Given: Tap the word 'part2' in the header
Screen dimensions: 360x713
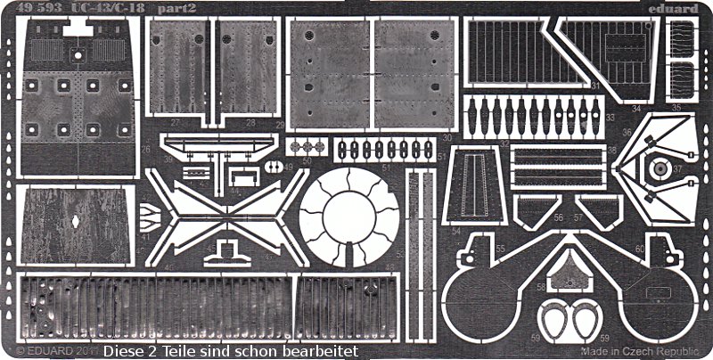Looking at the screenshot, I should point(155,8).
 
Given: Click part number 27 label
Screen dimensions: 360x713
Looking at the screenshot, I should point(203,124).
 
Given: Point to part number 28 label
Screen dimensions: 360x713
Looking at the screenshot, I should point(250,124).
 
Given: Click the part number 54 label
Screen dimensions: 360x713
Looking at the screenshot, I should point(455,232).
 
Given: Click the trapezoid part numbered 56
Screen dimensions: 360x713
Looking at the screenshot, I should point(537,209).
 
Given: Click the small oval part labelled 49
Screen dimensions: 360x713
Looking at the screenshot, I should point(269,167).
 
